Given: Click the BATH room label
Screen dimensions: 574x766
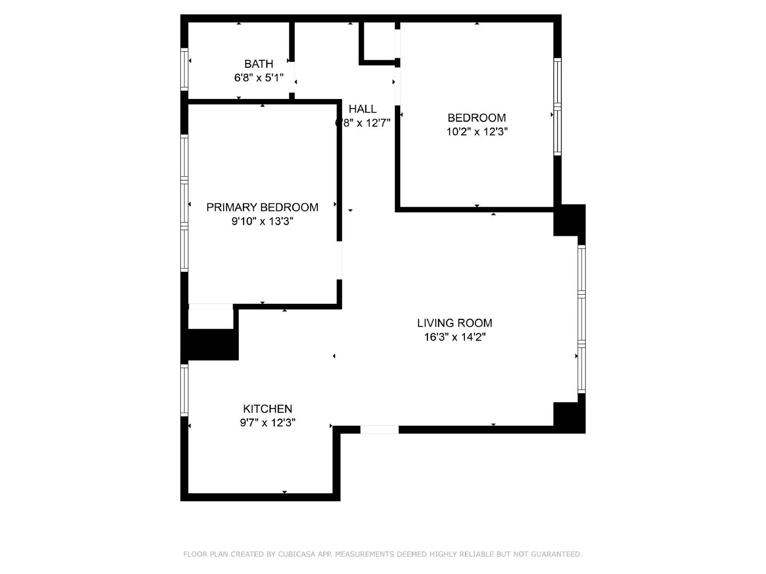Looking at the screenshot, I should point(259,64).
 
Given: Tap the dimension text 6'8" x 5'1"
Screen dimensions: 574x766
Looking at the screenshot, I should point(259,77).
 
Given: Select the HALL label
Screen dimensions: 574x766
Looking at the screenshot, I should point(362,109).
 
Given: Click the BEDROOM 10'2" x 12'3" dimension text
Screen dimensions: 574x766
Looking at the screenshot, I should point(477,132).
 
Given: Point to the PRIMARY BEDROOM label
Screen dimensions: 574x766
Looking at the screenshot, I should point(262,207).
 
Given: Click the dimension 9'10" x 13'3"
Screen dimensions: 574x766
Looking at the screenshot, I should point(262,221).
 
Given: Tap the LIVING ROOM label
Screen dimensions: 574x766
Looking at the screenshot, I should point(454,323).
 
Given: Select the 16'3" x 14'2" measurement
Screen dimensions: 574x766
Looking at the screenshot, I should point(454,337).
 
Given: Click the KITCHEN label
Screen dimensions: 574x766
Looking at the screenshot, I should point(267,408).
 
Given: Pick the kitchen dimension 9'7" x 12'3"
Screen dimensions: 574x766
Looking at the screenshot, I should point(267,422).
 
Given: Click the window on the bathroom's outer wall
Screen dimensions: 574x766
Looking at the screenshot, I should point(184,69).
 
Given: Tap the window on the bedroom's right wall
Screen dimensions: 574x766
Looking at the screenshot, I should point(557,107).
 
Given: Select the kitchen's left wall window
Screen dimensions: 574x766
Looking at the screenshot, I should point(184,390).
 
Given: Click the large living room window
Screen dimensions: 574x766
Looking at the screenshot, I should point(581,319).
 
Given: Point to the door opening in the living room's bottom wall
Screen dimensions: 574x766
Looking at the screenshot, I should point(379,430).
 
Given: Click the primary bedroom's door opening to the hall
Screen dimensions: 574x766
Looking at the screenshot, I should point(339,260).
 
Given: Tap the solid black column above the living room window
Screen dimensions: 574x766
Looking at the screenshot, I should point(569,220).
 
